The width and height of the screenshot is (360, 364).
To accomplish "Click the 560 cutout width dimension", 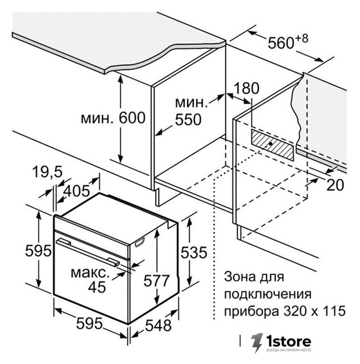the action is point(281,43).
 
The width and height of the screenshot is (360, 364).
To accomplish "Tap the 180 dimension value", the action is point(246,88).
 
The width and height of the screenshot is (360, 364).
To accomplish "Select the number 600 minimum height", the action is point(132,118).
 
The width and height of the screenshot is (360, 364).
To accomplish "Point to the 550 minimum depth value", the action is point(188,119).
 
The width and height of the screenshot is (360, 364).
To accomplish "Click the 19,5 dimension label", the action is point(47,172).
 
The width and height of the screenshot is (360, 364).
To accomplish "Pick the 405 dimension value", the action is point(76,191).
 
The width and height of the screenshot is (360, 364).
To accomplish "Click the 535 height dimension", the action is point(194,253).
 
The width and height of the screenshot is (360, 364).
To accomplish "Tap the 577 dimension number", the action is point(156,280).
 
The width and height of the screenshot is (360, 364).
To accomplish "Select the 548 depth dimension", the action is point(158,325).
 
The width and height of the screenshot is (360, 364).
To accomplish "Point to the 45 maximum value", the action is point(97,287).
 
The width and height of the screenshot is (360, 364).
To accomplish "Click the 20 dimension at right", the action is point(335,185).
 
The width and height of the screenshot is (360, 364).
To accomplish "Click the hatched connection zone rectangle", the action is point(272,144).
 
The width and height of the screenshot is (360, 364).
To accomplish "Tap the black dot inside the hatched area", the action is point(270,144).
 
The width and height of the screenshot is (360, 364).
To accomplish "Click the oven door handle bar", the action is point(88,252).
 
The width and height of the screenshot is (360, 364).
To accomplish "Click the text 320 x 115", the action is point(315,311).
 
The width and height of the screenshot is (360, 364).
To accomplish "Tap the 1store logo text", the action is point(288,341).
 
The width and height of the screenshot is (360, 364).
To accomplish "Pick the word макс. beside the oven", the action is point(90,272).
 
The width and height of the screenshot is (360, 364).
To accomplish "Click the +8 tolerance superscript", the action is point(301,39).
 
